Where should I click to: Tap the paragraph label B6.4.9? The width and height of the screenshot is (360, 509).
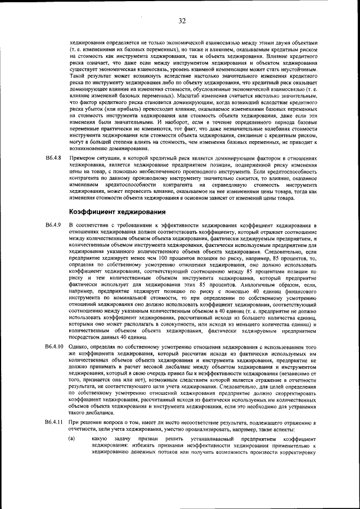click(53, 225)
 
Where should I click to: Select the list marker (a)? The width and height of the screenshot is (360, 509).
click(71, 438)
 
